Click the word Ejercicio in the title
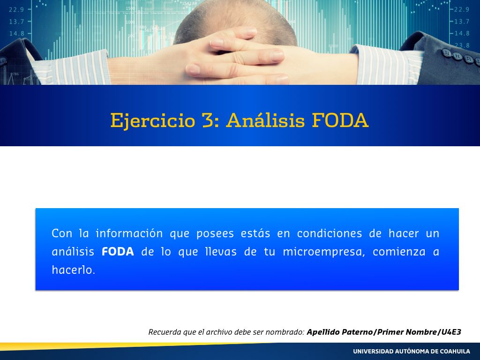(152, 120)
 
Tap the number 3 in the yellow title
(208, 120)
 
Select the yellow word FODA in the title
(340, 120)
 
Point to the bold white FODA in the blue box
(118, 252)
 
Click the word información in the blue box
(129, 233)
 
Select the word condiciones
(330, 233)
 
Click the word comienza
(399, 252)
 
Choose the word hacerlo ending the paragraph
(74, 270)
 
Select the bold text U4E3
(451, 332)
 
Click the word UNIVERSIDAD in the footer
(373, 352)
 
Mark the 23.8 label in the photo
(462, 45)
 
